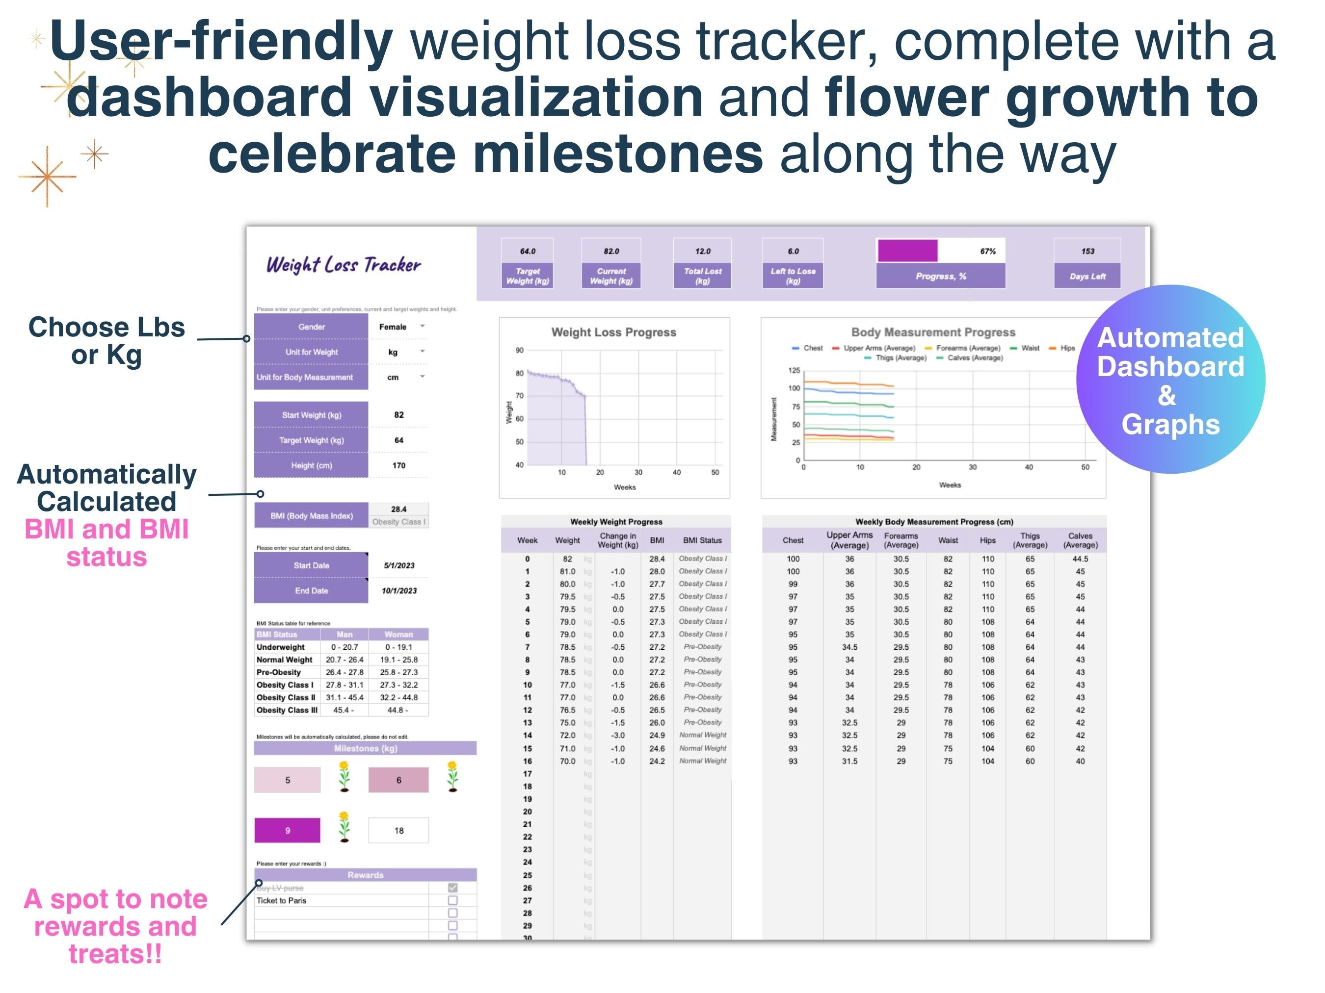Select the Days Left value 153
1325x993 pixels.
tap(1087, 252)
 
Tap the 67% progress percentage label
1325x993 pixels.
tap(988, 252)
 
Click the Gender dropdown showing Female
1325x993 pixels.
tap(398, 327)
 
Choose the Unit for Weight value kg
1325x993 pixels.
tap(393, 352)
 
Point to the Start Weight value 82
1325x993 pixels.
tap(399, 415)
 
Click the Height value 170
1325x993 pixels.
tap(399, 465)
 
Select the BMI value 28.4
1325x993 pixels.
tap(399, 509)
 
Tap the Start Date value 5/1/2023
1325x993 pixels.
tap(399, 565)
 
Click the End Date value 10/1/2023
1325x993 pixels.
tap(399, 591)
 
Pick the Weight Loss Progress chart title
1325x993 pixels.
tap(614, 332)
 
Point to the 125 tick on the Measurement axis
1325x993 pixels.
tap(794, 371)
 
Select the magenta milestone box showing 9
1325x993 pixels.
tap(288, 830)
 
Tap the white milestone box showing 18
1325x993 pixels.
tap(399, 830)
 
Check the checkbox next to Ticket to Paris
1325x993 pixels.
tap(453, 900)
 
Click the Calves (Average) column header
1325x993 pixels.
tap(1080, 540)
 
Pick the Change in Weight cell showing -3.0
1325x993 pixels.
tap(617, 735)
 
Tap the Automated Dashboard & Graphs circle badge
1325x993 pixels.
tap(1170, 380)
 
